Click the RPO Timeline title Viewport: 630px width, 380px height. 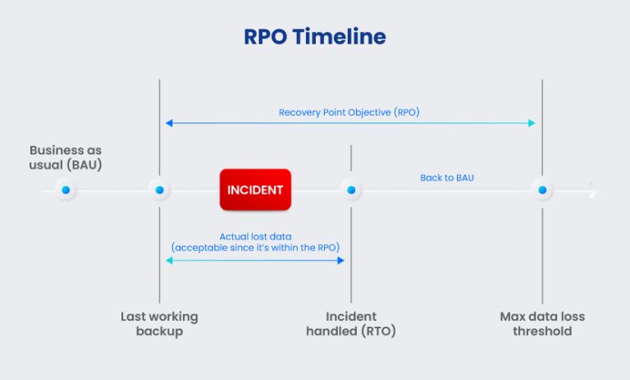pyautogui.click(x=314, y=37)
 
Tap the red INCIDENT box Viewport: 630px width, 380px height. pyautogui.click(x=255, y=190)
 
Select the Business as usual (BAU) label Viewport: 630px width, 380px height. pyautogui.click(x=66, y=158)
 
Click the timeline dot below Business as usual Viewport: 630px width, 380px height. pyautogui.click(x=66, y=190)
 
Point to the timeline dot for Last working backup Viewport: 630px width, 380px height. pyautogui.click(x=160, y=190)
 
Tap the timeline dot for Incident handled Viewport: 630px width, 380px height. pyautogui.click(x=351, y=190)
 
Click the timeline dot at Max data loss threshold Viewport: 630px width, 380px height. pyautogui.click(x=542, y=190)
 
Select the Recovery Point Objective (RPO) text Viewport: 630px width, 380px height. pyautogui.click(x=349, y=112)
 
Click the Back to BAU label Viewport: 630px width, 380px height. pyautogui.click(x=447, y=177)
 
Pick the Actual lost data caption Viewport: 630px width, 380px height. pyautogui.click(x=255, y=236)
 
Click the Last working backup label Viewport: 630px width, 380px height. pyautogui.click(x=159, y=324)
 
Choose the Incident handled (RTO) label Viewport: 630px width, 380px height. pyautogui.click(x=351, y=324)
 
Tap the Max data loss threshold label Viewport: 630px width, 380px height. pyautogui.click(x=542, y=324)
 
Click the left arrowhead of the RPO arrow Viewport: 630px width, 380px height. pyautogui.click(x=168, y=123)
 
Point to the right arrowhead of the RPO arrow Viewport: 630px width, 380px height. pyautogui.click(x=532, y=123)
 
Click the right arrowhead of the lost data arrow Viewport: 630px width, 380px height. pyautogui.click(x=341, y=260)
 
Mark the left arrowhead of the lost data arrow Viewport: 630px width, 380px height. pyautogui.click(x=168, y=260)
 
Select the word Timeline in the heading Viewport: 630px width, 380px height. pyautogui.click(x=343, y=37)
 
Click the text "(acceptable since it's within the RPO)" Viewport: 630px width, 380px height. pyautogui.click(x=255, y=247)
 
